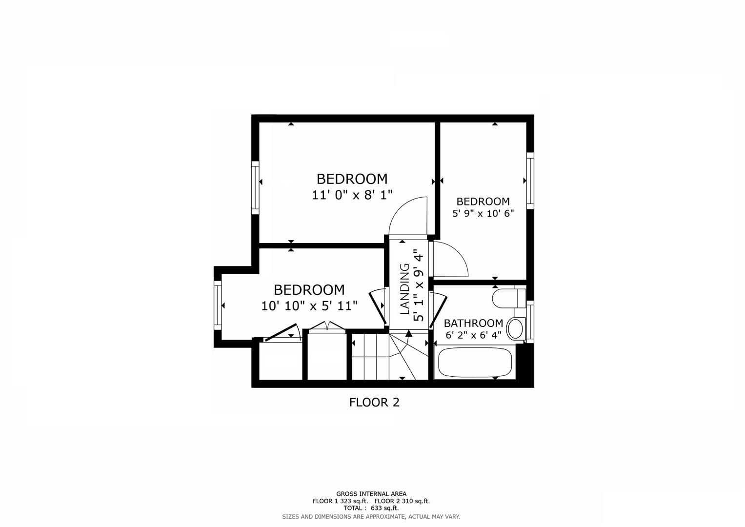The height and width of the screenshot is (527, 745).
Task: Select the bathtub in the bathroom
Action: click(x=475, y=363)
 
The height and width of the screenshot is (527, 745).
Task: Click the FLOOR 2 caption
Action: click(x=374, y=403)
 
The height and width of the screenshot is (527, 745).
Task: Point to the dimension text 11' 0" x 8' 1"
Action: click(x=352, y=195)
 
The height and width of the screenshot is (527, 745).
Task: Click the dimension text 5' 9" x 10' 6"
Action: click(x=483, y=213)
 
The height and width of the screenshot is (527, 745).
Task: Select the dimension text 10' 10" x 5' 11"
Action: click(x=309, y=306)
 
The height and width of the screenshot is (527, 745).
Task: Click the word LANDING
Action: click(x=405, y=289)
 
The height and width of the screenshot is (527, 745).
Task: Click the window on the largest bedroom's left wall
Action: click(x=255, y=187)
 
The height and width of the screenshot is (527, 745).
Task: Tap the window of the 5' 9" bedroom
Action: click(x=530, y=181)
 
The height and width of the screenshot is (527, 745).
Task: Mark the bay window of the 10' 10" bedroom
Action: click(x=218, y=306)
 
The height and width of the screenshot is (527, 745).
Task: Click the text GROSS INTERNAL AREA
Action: click(x=371, y=494)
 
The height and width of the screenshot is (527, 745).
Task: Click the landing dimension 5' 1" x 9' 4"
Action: click(x=418, y=285)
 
